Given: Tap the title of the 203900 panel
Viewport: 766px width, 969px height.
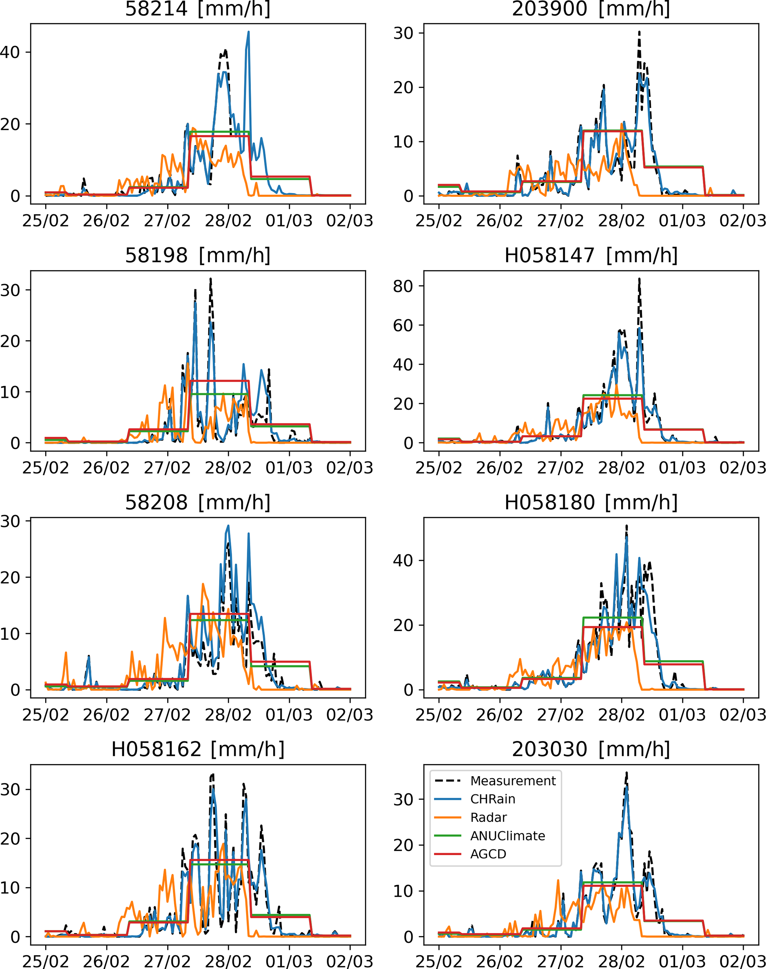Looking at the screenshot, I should (591, 9).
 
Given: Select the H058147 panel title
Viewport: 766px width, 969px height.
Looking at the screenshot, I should (591, 256).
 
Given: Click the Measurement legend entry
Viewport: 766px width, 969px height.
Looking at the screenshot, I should (513, 781).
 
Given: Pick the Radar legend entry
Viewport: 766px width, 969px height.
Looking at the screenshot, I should (488, 817).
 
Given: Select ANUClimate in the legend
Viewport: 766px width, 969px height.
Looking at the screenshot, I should (507, 836).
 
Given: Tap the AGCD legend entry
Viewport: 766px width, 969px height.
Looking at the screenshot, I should (488, 854).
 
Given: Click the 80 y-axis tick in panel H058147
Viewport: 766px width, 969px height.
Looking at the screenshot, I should (403, 286).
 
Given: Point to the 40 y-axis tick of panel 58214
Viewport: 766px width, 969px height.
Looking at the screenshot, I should (10, 53).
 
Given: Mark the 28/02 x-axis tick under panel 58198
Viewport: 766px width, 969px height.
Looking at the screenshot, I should (228, 468).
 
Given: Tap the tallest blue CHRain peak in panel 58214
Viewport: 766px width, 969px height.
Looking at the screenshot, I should (248, 32).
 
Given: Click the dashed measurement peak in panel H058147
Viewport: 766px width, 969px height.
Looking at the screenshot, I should (639, 279).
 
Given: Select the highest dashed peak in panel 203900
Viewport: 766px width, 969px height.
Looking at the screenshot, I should (639, 32).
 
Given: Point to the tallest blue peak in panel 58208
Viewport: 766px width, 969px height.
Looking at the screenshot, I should (228, 526).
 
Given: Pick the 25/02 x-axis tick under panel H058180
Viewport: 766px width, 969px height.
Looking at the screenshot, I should (439, 715).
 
